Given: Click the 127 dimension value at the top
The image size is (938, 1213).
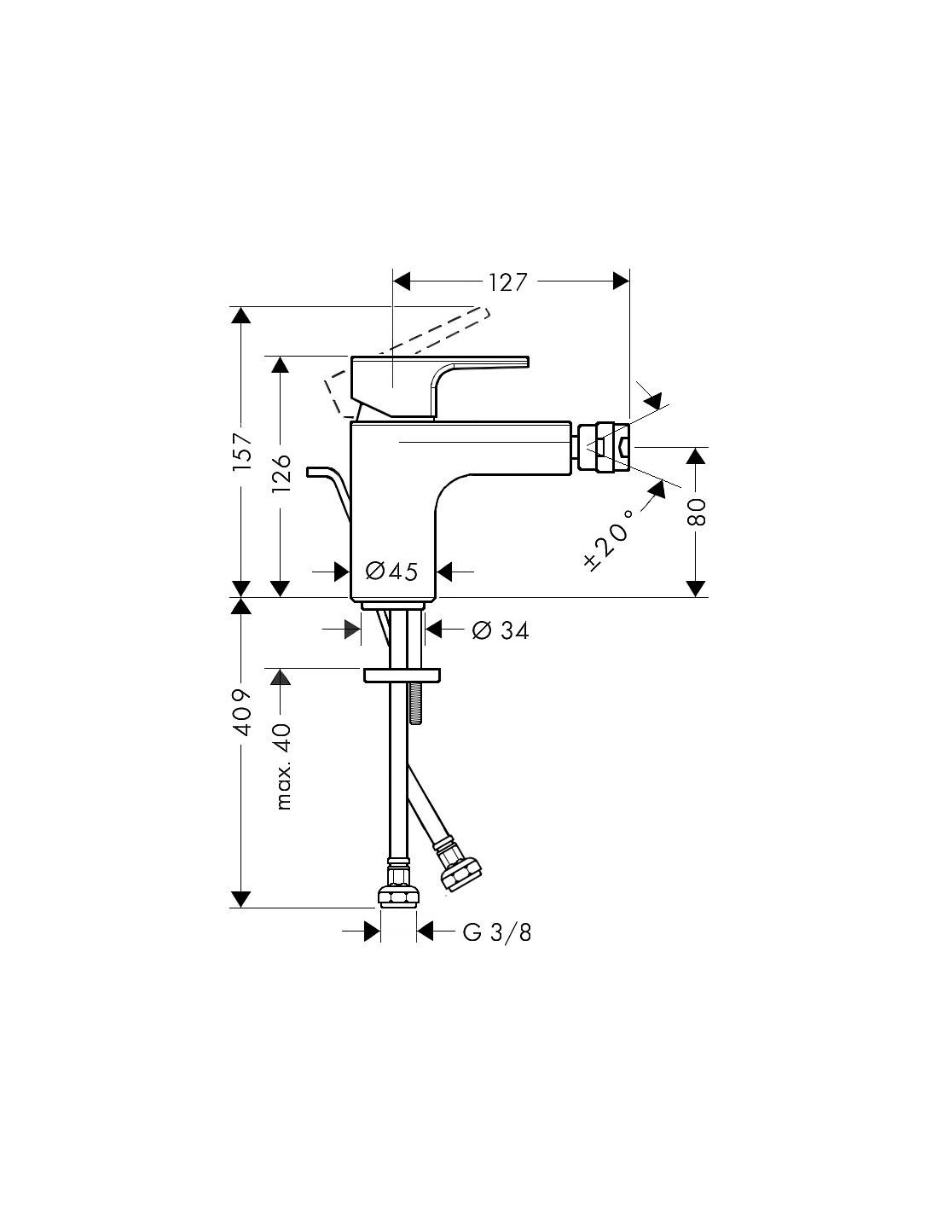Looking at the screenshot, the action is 507,282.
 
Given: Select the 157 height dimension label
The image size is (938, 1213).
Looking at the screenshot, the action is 243,451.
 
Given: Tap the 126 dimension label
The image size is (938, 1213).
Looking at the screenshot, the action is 281,473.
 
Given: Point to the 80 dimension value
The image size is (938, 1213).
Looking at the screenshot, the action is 697,512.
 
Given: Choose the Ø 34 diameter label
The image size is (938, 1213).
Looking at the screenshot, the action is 501,630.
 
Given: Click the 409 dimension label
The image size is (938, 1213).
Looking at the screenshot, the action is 243,712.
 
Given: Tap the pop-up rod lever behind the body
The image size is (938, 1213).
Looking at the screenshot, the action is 329,491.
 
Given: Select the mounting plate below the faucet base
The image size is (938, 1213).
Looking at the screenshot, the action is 402,675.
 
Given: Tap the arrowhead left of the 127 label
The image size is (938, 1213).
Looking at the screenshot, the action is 401,281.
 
